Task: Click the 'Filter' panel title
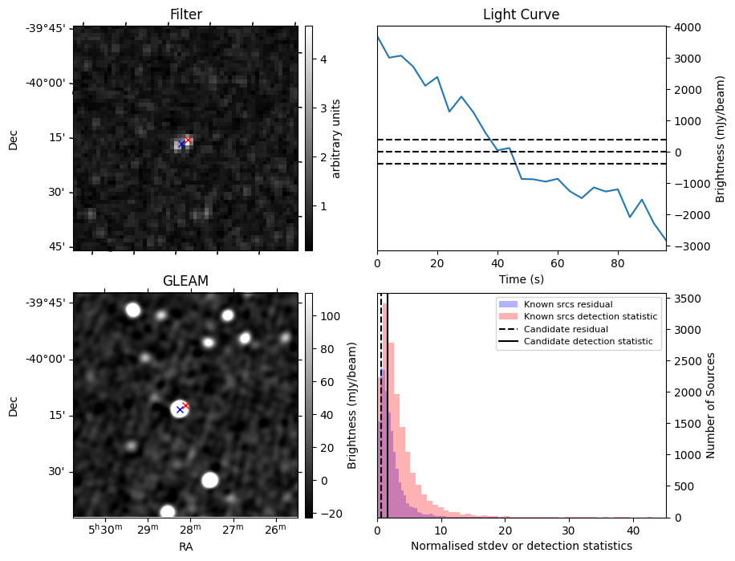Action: [x=185, y=14]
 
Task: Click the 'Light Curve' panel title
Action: [x=521, y=14]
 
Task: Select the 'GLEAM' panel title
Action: [x=185, y=281]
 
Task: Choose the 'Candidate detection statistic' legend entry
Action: [x=587, y=343]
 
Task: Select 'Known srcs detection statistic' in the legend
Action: [x=590, y=317]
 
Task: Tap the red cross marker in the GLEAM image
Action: [x=185, y=405]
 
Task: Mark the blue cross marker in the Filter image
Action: [x=181, y=144]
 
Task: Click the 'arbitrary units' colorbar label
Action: [x=336, y=138]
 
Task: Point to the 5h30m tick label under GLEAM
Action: [x=106, y=530]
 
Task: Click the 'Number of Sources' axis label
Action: [x=710, y=404]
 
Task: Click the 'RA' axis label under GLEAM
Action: [x=185, y=547]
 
